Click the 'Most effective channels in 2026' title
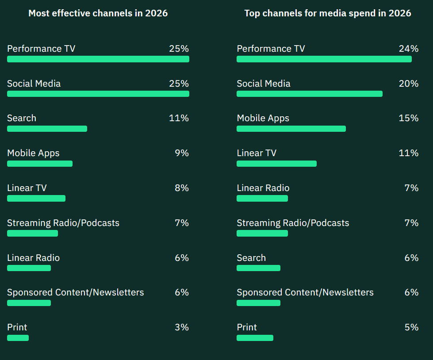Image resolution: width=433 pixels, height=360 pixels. [x=98, y=13]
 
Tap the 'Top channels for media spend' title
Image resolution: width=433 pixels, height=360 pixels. [x=328, y=13]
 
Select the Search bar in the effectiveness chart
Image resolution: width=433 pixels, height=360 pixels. [x=47, y=129]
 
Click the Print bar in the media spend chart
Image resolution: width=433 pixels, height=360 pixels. [x=255, y=338]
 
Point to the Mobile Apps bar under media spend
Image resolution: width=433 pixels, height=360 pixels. [x=291, y=129]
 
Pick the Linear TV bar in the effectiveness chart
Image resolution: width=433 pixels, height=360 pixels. [x=36, y=199]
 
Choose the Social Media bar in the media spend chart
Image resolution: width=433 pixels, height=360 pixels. [x=309, y=94]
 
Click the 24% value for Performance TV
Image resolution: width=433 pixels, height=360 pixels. [x=408, y=49]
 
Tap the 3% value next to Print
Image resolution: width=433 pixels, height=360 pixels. [x=182, y=327]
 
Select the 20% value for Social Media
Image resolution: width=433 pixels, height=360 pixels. [x=408, y=84]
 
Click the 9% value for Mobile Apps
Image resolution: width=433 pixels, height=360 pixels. [x=182, y=153]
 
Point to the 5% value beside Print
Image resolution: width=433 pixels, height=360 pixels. [x=411, y=327]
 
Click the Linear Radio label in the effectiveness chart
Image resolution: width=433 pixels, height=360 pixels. [x=33, y=258]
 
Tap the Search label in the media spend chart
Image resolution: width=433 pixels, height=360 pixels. [x=251, y=258]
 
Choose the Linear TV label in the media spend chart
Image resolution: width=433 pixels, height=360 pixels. [x=257, y=153]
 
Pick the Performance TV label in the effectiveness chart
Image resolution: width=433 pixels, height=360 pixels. [x=41, y=49]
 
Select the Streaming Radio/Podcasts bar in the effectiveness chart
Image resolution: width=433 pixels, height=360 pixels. [x=32, y=233]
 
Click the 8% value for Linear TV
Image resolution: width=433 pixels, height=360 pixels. [x=182, y=188]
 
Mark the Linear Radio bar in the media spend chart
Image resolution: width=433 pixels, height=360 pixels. [x=262, y=199]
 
